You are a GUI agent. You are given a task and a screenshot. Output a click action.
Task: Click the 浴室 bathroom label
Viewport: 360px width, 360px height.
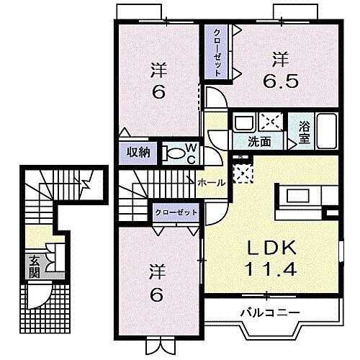pos(305,134)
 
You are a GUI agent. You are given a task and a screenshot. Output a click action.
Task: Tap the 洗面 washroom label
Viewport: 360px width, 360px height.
pos(261,142)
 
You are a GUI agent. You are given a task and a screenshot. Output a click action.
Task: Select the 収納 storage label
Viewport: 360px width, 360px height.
pos(139,151)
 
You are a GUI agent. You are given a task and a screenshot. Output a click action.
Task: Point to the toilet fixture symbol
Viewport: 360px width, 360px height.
pos(174,153)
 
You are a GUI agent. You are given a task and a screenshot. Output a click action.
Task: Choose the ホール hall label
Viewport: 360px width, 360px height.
pos(212,183)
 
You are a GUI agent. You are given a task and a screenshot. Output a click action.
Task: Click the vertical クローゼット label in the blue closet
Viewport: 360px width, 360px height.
pos(217,51)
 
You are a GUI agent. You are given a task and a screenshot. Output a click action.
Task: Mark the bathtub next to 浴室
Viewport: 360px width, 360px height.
pos(328,130)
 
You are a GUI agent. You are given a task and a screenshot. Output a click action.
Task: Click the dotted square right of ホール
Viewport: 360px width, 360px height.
pos(243,172)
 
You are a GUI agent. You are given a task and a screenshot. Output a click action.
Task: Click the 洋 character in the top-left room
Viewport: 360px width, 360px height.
pos(158,70)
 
